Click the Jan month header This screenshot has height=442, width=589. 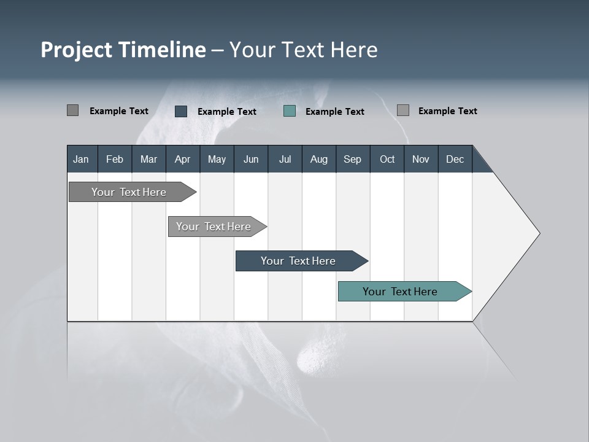pyautogui.click(x=81, y=159)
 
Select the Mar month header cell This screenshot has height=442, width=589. pyautogui.click(x=148, y=159)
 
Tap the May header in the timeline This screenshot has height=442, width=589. pyautogui.click(x=217, y=159)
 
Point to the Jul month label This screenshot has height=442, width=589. pyautogui.click(x=285, y=159)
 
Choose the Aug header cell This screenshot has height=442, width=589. pyautogui.click(x=318, y=159)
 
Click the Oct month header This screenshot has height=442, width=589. pyautogui.click(x=387, y=159)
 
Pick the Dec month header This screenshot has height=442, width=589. pyautogui.click(x=455, y=159)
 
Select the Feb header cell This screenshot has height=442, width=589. pyautogui.click(x=115, y=159)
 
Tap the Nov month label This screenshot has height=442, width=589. pyautogui.click(x=420, y=159)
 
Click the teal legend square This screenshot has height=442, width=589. pyautogui.click(x=290, y=111)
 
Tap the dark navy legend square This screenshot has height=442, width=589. pyautogui.click(x=181, y=111)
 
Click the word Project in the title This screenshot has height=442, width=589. pyautogui.click(x=76, y=50)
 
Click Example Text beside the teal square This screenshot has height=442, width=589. pyautogui.click(x=334, y=112)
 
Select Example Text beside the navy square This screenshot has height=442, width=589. pyautogui.click(x=226, y=112)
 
